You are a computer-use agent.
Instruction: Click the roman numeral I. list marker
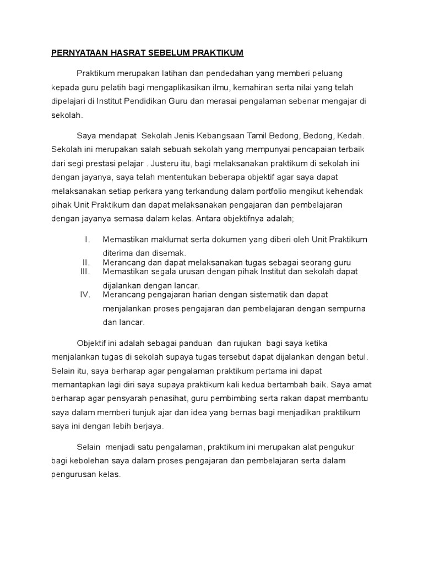point(87,239)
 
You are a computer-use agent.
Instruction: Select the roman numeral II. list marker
point(86,262)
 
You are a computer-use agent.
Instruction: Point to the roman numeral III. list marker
point(84,272)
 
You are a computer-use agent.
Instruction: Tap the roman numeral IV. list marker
point(85,294)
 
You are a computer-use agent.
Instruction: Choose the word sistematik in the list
point(281,294)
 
